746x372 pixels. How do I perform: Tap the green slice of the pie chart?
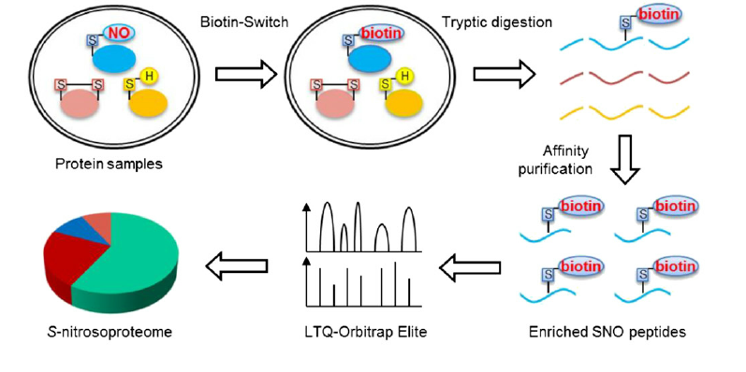(x=131, y=271)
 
